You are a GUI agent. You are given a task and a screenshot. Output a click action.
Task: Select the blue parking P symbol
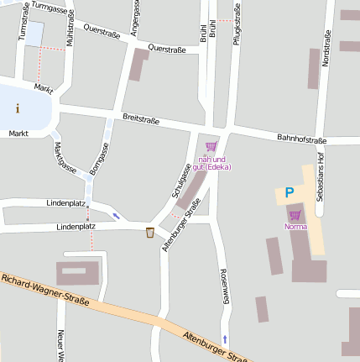tap(290, 193)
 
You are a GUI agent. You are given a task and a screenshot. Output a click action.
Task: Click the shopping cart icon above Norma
tap(295, 215)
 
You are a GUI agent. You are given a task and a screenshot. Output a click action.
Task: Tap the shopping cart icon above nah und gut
tap(211, 146)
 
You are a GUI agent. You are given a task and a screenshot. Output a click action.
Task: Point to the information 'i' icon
tap(18, 108)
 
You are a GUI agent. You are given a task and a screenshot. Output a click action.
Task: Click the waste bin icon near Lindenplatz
tap(149, 233)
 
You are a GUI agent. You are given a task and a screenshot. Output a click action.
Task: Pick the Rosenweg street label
tap(224, 286)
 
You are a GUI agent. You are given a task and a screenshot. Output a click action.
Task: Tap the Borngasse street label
tap(99, 159)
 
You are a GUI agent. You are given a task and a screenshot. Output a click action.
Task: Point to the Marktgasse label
tap(65, 157)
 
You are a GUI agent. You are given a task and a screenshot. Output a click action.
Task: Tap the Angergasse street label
tap(135, 18)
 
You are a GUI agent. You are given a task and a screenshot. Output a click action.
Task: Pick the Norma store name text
tap(295, 227)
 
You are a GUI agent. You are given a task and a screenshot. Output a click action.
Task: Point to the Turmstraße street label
tap(24, 21)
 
